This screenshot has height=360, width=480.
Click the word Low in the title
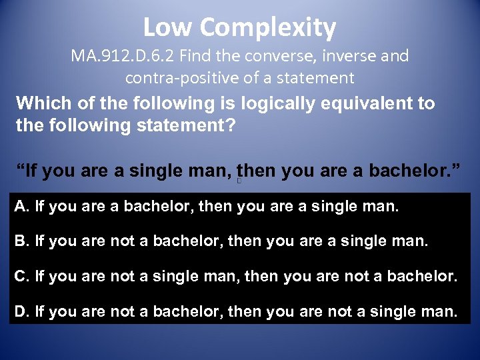(167, 27)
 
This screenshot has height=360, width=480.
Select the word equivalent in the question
(361, 104)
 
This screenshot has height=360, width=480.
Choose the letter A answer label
(19, 207)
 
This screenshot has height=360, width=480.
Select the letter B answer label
(19, 241)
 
